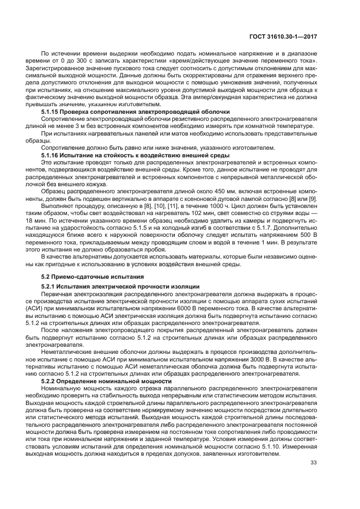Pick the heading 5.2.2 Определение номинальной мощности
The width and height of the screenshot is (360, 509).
(107, 381)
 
